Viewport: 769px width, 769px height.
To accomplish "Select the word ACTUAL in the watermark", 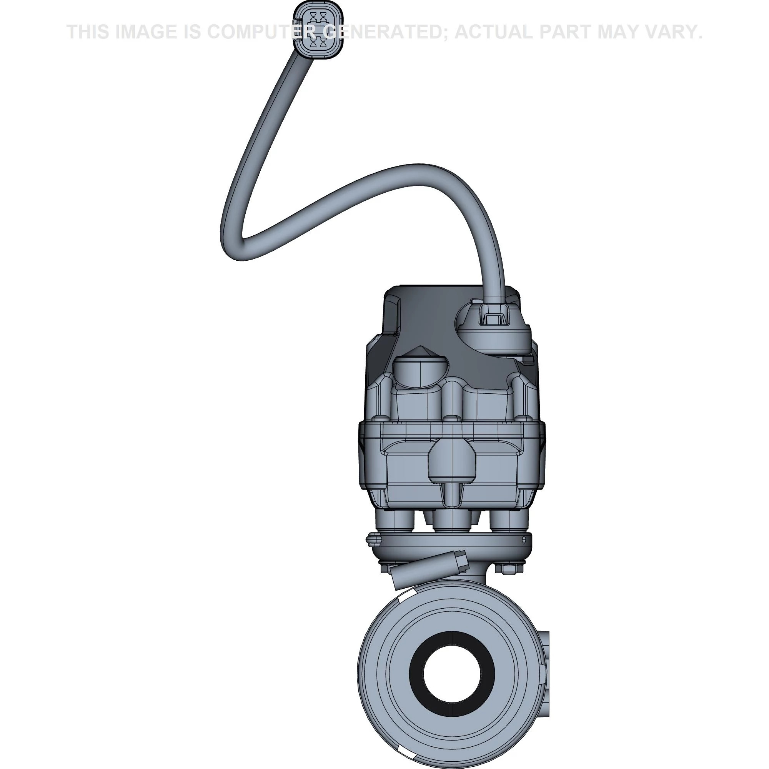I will [498, 32].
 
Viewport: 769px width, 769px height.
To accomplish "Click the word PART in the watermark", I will [567, 32].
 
